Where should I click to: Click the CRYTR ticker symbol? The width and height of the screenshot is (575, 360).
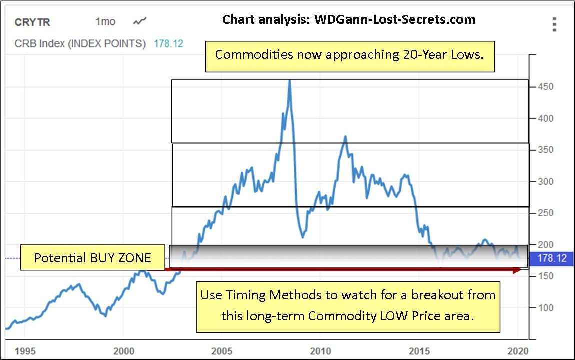click(x=32, y=22)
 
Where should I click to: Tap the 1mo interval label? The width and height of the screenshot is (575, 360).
click(x=105, y=22)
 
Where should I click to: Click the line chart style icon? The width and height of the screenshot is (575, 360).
click(x=140, y=21)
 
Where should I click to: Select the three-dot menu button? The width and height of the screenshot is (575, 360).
click(x=554, y=24)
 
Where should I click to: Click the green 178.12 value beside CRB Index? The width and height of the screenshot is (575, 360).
click(x=168, y=44)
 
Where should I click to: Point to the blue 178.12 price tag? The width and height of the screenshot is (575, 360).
click(x=552, y=258)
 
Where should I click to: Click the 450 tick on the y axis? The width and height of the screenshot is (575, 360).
click(x=545, y=87)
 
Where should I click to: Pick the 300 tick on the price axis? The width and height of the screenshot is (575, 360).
click(x=545, y=181)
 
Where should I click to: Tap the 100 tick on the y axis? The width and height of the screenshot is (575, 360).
click(x=545, y=307)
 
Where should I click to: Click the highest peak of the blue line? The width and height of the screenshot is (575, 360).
click(x=290, y=81)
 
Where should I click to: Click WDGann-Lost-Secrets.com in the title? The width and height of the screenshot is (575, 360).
click(x=394, y=20)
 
